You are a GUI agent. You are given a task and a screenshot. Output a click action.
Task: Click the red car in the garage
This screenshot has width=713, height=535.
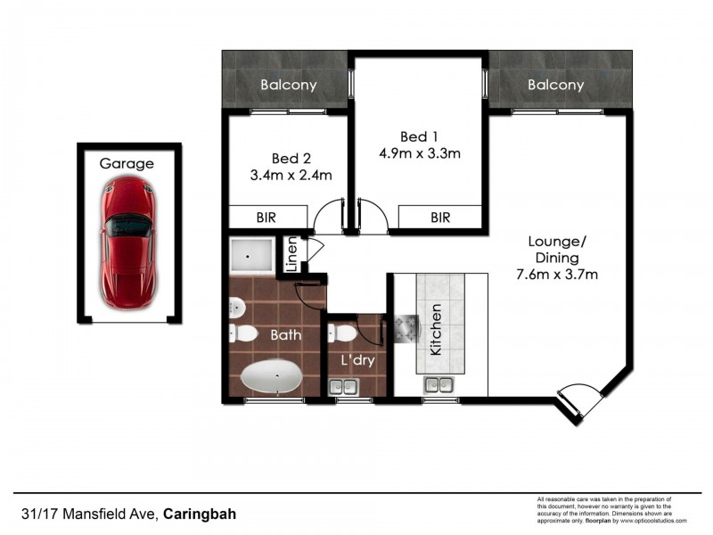coord(127,241)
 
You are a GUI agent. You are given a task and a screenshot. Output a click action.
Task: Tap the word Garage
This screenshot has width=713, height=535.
coord(126,164)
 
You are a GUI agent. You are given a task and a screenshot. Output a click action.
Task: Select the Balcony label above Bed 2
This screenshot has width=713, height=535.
coord(289,86)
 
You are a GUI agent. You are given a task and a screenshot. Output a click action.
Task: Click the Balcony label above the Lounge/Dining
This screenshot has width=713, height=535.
coord(555,86)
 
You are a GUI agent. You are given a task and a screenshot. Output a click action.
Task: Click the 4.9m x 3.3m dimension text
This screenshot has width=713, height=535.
coord(419,153)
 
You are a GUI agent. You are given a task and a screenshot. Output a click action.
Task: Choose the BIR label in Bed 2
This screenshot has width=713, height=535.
coord(266,217)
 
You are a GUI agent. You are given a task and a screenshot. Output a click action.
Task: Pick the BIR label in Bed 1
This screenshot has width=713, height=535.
coord(440,217)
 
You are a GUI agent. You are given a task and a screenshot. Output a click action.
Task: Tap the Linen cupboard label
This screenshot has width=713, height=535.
coord(291,256)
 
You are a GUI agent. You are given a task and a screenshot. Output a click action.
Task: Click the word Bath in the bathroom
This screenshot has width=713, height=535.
coord(286,336)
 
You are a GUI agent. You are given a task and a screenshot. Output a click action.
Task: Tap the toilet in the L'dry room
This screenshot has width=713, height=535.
coord(344,333)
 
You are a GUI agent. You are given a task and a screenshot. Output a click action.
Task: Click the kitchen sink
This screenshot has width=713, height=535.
coord(437,384)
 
